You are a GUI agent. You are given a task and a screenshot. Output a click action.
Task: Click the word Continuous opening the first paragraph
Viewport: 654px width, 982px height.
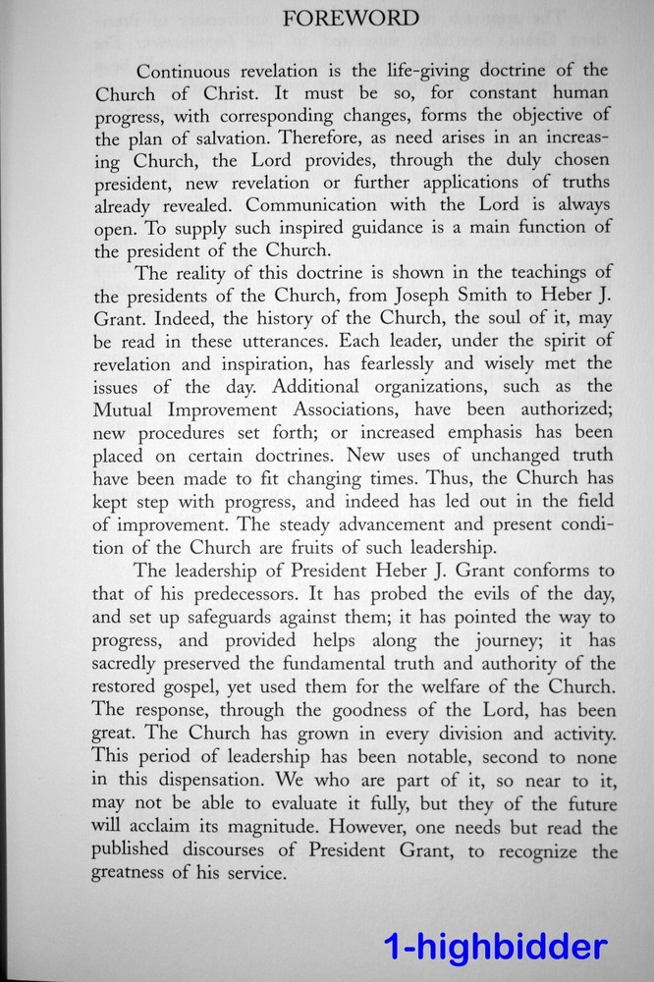coord(187,71)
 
